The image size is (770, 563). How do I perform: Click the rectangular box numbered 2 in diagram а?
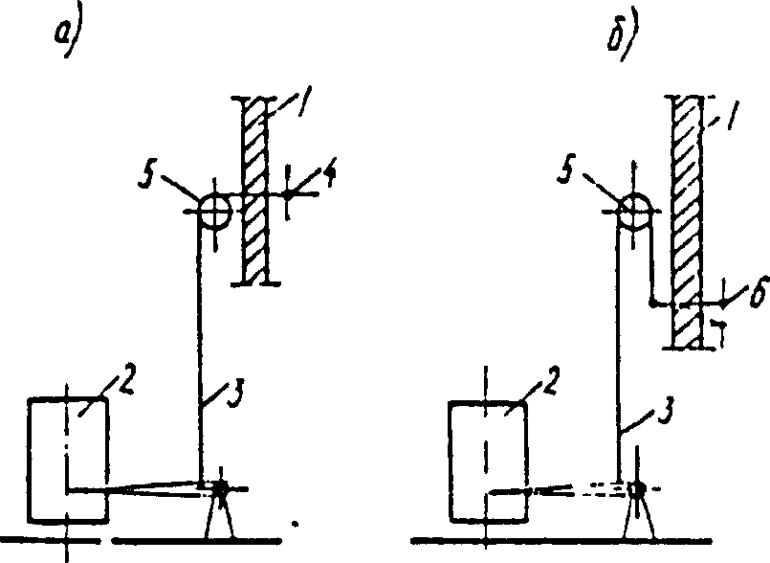68,460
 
